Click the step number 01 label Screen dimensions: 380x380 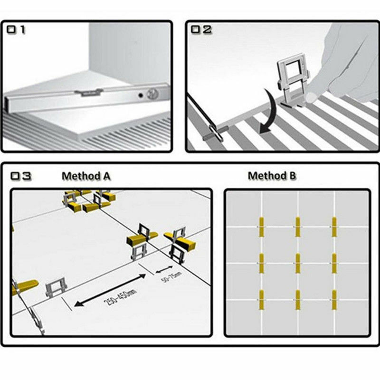coord(16,29)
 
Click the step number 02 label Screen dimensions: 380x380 coord(201,29)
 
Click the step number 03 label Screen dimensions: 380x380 coord(21,176)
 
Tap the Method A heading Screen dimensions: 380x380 coord(86,176)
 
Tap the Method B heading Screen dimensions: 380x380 coord(272,175)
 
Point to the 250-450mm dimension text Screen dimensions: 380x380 coord(120,297)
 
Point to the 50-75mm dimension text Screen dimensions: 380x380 coord(171,277)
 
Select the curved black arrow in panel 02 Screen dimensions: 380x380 coord(270,112)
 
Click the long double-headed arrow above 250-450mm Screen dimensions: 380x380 coord(110,290)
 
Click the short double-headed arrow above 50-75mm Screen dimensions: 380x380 coord(164,269)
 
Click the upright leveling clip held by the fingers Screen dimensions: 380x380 coord(294,80)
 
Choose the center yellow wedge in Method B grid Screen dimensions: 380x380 coord(298,263)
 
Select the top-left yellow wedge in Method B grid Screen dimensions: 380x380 coord(261,227)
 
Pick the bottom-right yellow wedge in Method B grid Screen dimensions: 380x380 coord(334,300)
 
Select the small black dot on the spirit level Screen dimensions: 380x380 coord(140,95)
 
